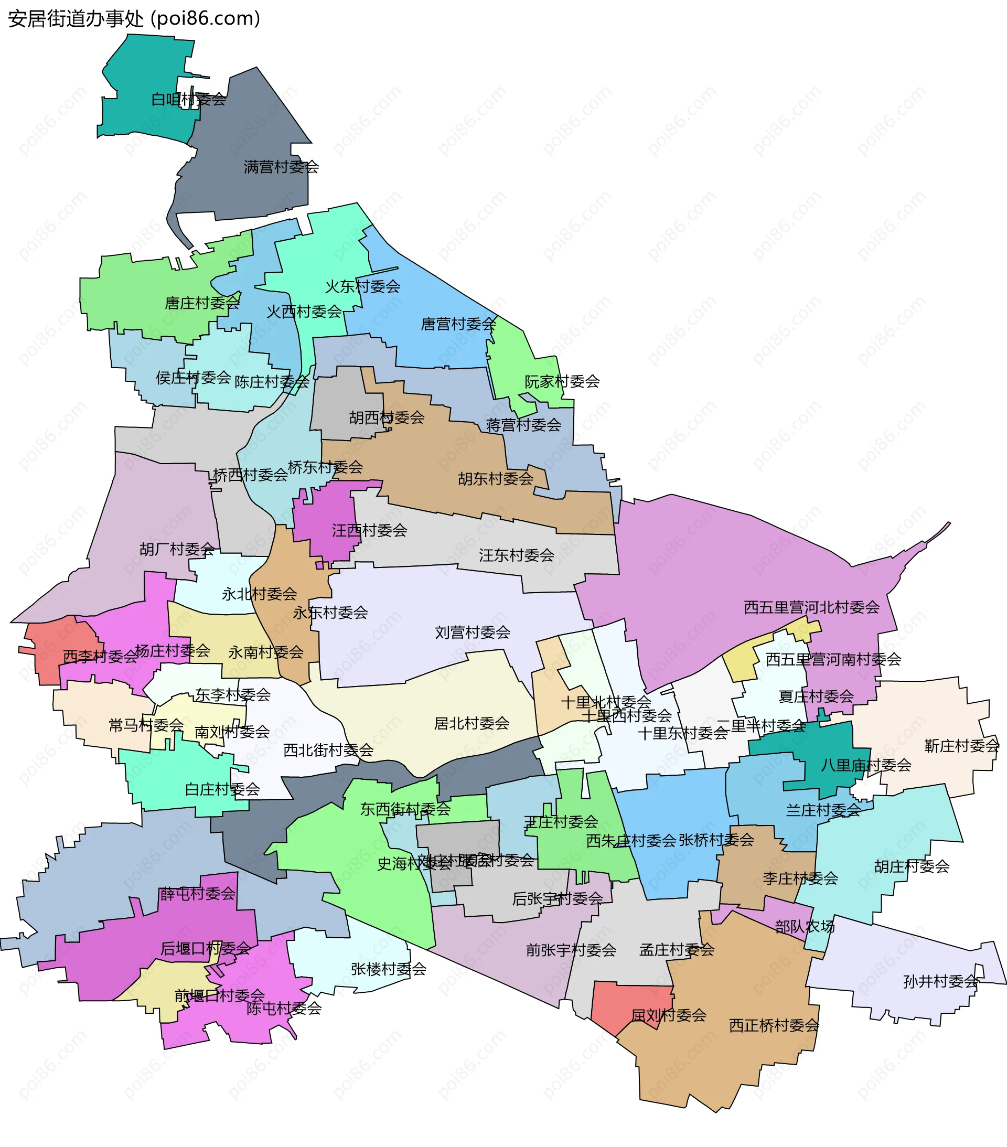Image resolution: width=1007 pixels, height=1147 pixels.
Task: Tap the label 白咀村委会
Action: click(189, 100)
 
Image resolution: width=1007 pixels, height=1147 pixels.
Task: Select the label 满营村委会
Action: click(281, 167)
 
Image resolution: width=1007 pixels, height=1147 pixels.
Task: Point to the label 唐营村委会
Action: click(458, 324)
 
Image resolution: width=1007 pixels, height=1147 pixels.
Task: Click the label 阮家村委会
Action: click(562, 382)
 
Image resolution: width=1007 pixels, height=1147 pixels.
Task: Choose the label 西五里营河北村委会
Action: click(812, 607)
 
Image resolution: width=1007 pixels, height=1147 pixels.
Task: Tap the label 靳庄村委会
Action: click(961, 746)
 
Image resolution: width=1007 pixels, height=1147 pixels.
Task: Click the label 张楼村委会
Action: click(389, 969)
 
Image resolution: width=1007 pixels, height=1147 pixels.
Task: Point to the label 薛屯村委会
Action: click(197, 894)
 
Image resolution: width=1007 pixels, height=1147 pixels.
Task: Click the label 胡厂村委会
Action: click(177, 549)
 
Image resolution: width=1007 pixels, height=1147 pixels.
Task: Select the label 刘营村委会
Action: click(473, 633)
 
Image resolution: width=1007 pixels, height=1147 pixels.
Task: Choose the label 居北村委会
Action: click(472, 723)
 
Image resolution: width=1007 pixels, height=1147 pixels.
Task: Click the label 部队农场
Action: click(805, 927)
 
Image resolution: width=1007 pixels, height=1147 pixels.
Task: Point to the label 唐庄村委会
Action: click(202, 303)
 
